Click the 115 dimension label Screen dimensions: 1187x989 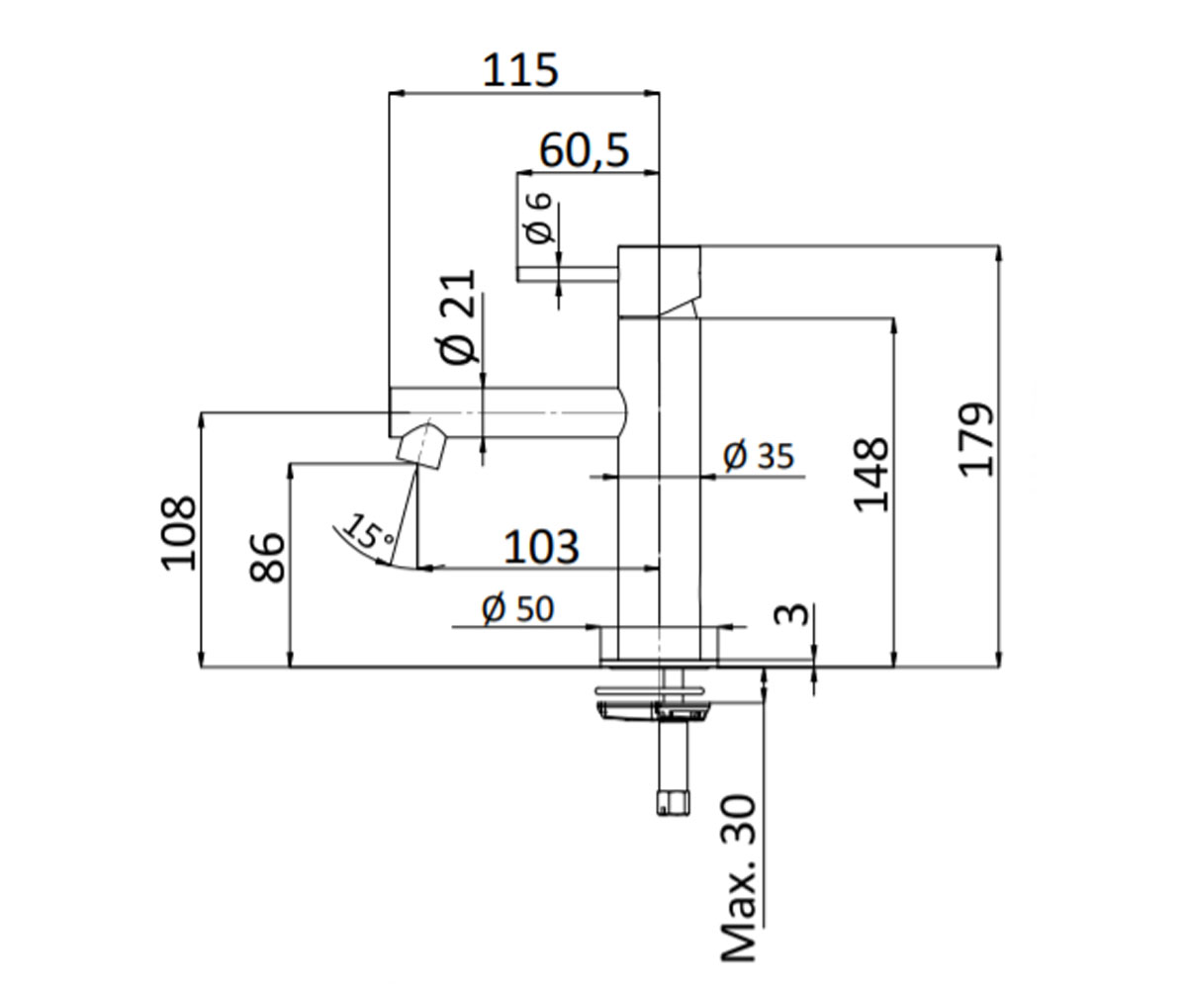tap(520, 70)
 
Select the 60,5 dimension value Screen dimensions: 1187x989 tap(584, 150)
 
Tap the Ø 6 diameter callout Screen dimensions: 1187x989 tap(537, 218)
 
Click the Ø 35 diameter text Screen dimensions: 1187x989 tap(759, 455)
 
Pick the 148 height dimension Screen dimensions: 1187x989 tap(870, 475)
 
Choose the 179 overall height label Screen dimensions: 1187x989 tap(976, 439)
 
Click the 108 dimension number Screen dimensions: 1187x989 tap(178, 534)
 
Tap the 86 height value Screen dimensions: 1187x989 tap(267, 557)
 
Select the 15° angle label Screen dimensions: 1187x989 tap(369, 531)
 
